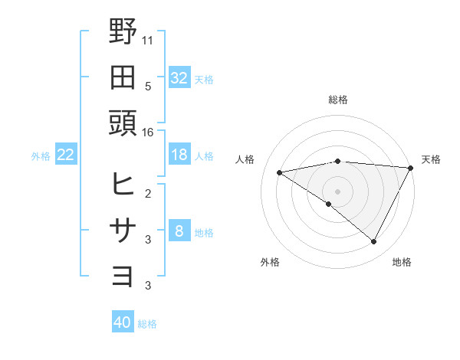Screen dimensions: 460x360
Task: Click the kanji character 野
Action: coord(123,32)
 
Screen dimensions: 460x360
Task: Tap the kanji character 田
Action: coord(123,77)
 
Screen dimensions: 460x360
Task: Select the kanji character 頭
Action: coord(123,123)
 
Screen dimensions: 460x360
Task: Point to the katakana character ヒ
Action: coord(123,184)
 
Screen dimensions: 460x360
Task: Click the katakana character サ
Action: coord(123,230)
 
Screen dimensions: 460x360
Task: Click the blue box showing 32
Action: coord(179,77)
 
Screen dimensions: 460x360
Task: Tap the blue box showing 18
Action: coord(179,155)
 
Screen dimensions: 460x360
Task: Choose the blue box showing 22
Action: coord(66,155)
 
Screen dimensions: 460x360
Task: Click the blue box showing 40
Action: coord(123,322)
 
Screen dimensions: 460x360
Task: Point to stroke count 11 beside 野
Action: coord(148,38)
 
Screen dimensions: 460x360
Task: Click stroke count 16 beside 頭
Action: coord(148,132)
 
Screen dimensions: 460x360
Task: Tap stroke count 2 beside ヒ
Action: coord(148,192)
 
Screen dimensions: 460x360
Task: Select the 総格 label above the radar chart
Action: coord(338,100)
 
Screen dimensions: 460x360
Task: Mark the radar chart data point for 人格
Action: coord(280,172)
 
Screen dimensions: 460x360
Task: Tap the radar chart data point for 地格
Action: coord(374,241)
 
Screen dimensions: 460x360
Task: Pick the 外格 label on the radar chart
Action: coord(270,262)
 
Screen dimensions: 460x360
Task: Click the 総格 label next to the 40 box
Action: coord(147,324)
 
